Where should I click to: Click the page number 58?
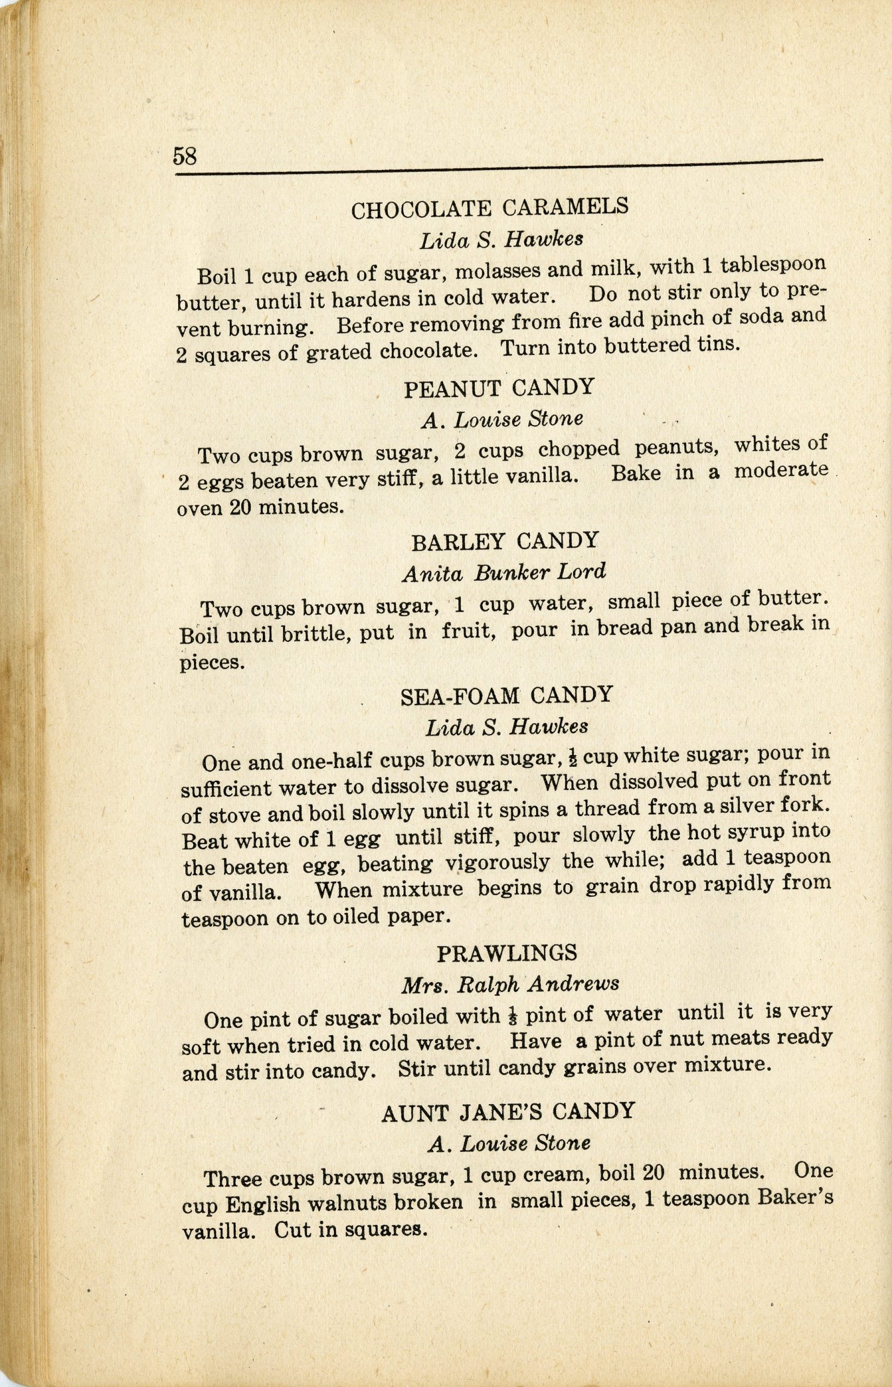coord(185,156)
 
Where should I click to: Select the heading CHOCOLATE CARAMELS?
coord(489,208)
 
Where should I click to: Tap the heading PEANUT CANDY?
coord(499,387)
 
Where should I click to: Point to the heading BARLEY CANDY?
coord(505,541)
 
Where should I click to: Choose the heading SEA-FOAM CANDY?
coord(506,695)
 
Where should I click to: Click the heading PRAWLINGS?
coord(507,952)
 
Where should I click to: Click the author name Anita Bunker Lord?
coord(504,573)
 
